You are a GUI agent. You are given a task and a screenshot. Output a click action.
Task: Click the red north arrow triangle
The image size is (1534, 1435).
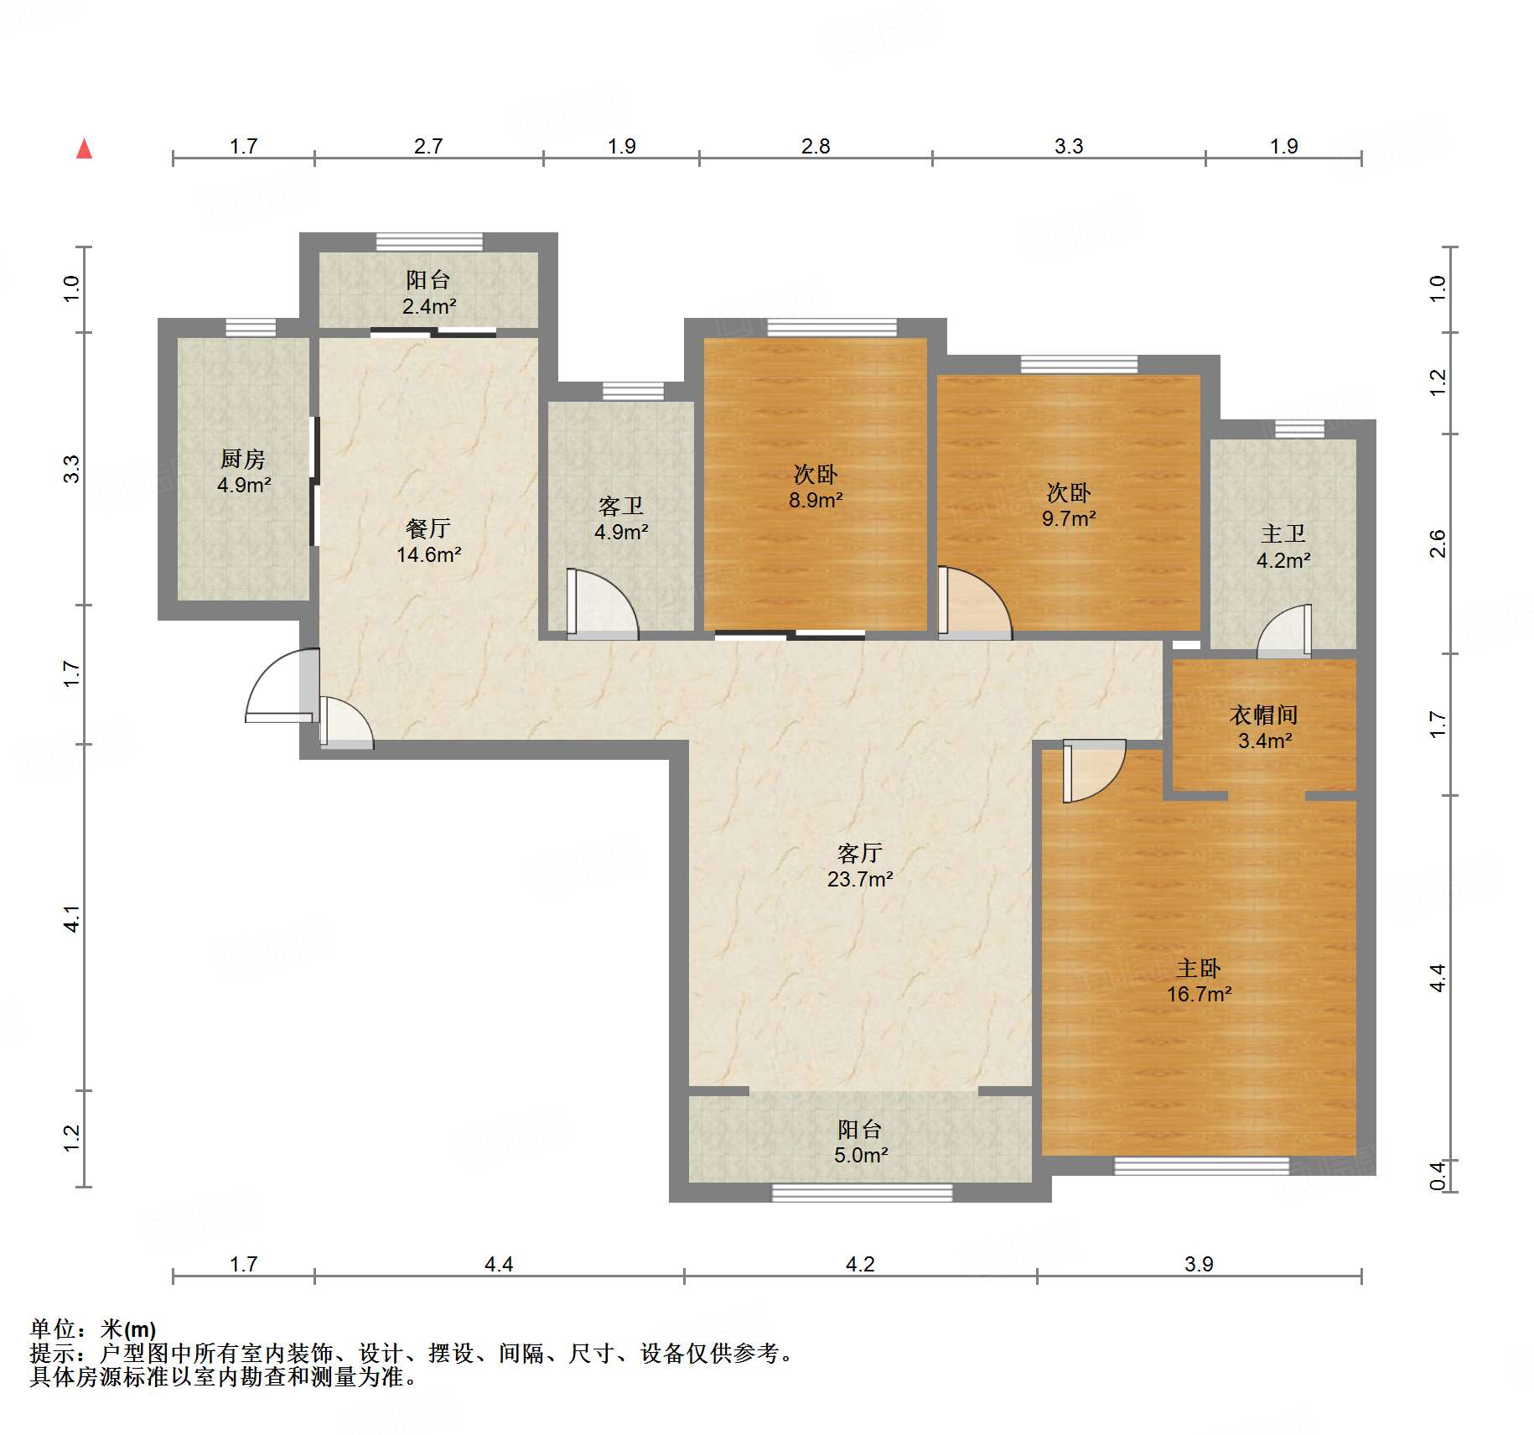click(84, 148)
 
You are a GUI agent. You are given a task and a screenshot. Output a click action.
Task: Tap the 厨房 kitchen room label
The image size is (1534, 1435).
click(243, 459)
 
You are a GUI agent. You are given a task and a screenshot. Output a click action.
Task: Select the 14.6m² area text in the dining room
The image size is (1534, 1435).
click(429, 554)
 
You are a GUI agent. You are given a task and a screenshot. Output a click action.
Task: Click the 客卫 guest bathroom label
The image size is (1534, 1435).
click(621, 506)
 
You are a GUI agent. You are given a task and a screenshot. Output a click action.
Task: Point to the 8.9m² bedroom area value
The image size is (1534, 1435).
click(816, 500)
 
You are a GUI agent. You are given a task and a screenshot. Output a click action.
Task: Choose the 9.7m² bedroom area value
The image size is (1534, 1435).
click(1069, 518)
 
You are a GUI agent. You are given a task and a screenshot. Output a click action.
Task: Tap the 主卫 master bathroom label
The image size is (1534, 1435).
click(1283, 533)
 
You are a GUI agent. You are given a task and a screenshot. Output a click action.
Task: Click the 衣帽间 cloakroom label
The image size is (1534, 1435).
click(1264, 715)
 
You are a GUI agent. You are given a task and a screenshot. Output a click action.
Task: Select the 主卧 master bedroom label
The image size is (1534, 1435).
click(1199, 969)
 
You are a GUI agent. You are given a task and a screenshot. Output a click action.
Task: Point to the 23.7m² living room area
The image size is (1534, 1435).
click(860, 879)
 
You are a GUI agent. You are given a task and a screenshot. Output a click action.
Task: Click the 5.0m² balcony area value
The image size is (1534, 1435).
click(861, 1155)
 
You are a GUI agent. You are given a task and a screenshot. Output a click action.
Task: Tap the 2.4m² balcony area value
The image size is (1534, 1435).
click(429, 306)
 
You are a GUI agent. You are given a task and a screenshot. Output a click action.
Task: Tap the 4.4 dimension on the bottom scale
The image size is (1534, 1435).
click(499, 1264)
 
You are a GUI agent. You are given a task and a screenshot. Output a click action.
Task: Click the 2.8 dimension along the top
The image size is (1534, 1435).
click(816, 146)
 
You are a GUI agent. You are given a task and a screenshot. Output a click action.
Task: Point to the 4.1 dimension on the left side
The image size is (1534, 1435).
click(72, 918)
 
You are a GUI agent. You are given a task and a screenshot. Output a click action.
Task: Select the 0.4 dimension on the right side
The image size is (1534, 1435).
click(1437, 1175)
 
